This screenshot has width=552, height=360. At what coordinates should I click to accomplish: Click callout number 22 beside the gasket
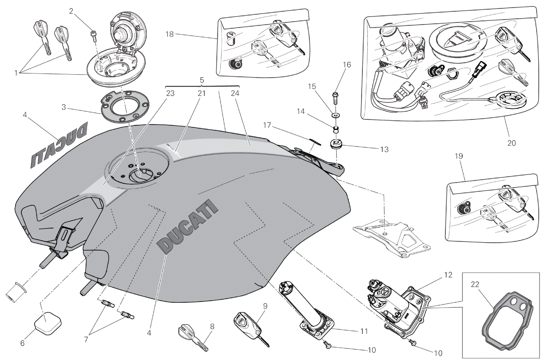point(475,285)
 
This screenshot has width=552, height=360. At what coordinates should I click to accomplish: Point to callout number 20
point(511,143)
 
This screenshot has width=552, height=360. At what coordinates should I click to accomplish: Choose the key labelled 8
point(192,340)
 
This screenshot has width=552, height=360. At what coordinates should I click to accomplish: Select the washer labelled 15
point(336,116)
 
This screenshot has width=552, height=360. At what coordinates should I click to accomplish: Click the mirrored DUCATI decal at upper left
point(59,149)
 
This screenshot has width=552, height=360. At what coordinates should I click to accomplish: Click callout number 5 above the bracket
point(202,80)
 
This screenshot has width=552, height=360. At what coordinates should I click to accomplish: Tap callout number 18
point(170,34)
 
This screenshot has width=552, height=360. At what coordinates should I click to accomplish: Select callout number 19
point(459,156)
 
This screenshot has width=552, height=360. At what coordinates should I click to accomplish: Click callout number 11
point(364,331)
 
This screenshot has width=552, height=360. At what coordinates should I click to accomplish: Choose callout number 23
point(170,94)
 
